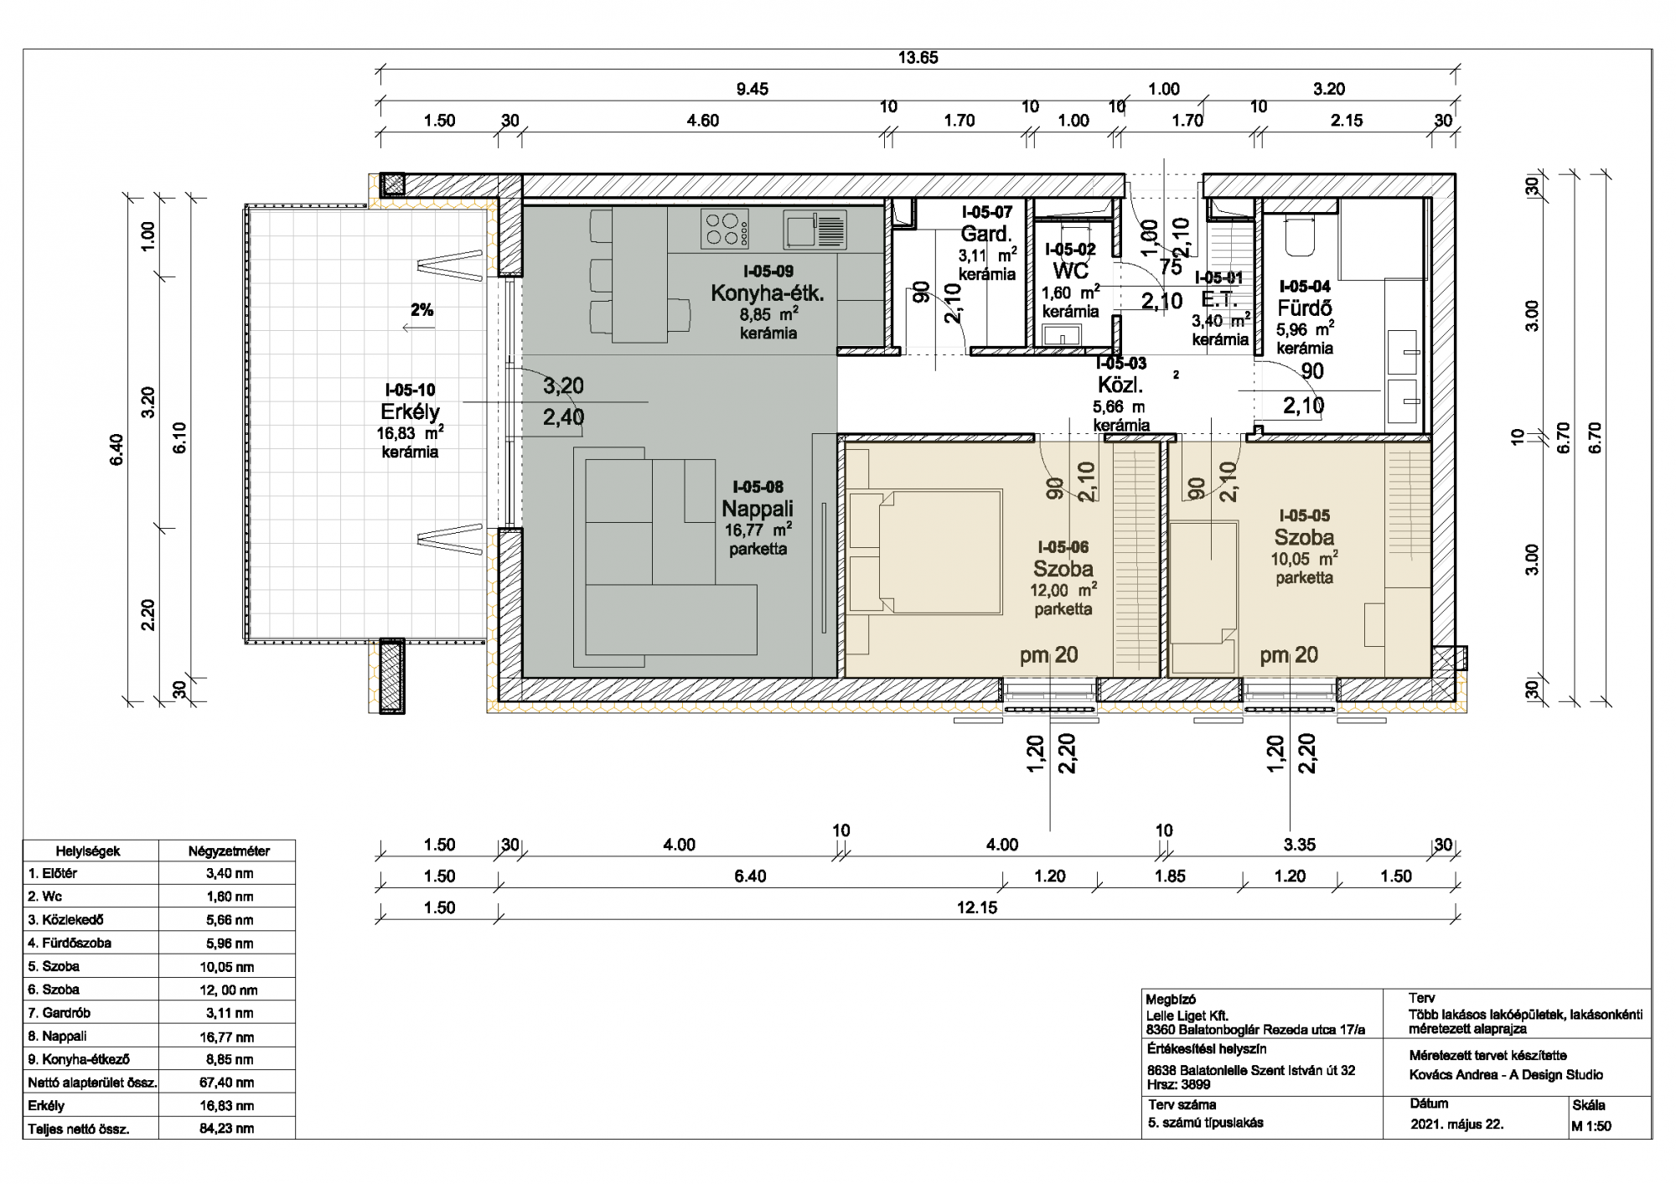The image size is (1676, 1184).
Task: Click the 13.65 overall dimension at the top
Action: tap(918, 58)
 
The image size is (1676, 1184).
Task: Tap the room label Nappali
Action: tap(758, 509)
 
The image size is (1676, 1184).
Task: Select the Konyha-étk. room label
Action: tap(768, 292)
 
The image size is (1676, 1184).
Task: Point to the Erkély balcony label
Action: tap(410, 411)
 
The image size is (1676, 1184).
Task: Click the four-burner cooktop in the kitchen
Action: tap(725, 229)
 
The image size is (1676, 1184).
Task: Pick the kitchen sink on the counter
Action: tap(815, 229)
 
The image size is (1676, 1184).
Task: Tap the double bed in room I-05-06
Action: tap(925, 552)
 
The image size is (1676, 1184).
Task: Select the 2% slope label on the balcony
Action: tap(422, 310)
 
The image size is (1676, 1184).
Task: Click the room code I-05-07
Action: tap(987, 213)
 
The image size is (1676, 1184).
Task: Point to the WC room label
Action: tap(1070, 270)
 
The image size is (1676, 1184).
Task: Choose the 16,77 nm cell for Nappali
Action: tap(226, 1037)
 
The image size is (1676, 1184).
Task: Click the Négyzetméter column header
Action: tap(229, 851)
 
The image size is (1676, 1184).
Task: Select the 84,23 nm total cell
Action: tap(226, 1128)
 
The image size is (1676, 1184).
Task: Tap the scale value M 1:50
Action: tap(1591, 1126)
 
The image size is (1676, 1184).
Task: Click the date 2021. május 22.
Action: tap(1456, 1125)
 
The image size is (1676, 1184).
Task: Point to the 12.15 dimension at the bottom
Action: tap(977, 907)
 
